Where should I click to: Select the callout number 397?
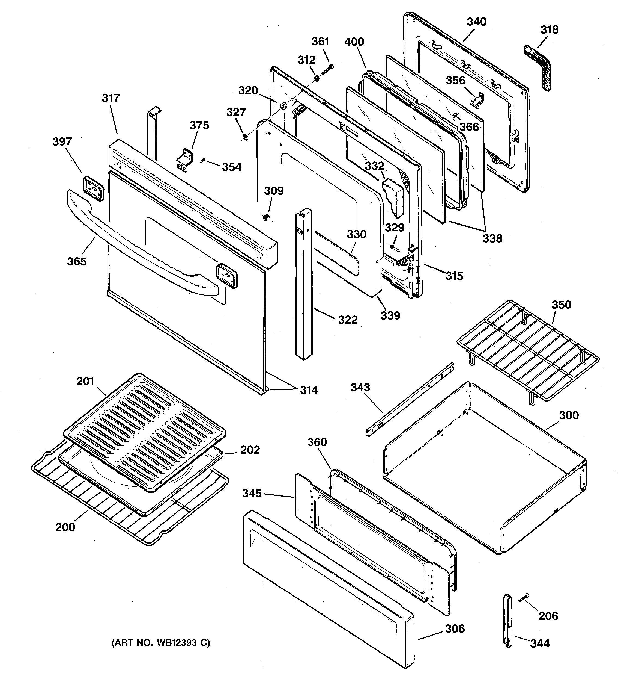coord(62,141)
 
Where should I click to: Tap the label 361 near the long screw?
coord(320,42)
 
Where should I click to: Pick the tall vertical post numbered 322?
coord(304,286)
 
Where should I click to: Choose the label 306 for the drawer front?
coord(455,629)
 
